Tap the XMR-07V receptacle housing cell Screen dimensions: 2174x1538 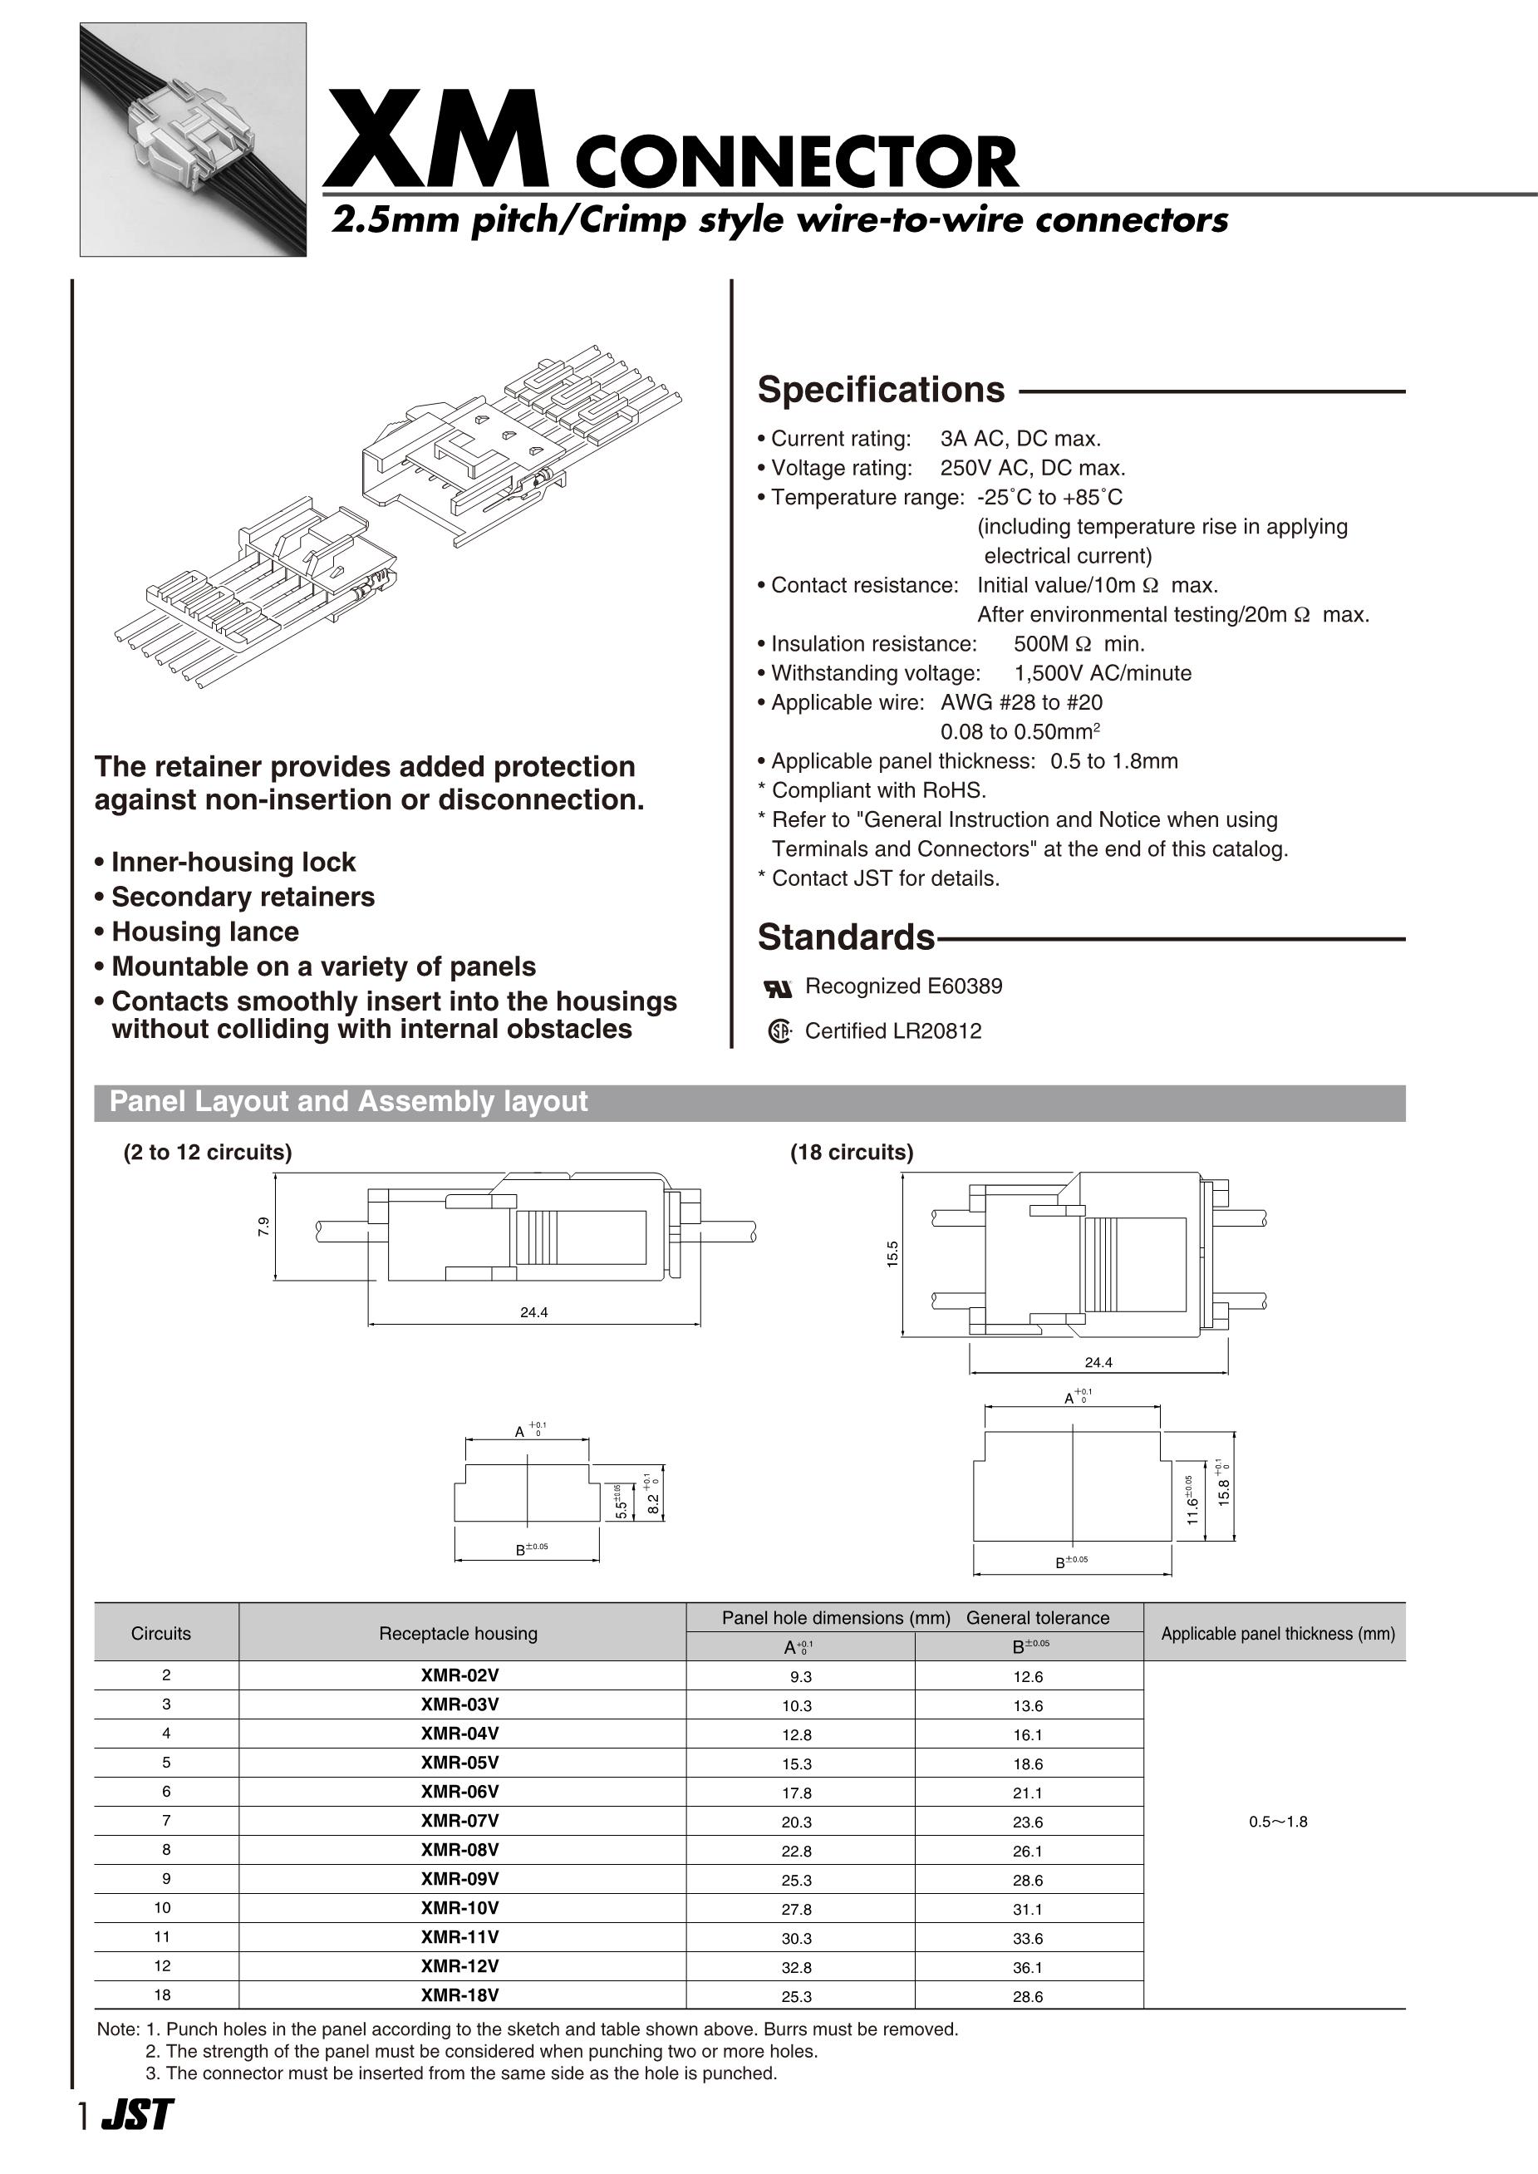(x=460, y=1821)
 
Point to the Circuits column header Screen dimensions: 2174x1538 (x=161, y=1633)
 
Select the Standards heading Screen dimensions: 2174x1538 (x=846, y=937)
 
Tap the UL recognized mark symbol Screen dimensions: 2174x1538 (x=778, y=989)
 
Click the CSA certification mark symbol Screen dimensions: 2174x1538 (x=779, y=1031)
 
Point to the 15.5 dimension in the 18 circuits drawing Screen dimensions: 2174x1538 (x=892, y=1254)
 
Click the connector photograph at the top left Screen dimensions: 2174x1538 (x=194, y=140)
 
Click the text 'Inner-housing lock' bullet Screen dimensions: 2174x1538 (x=233, y=862)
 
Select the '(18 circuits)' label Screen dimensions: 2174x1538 (x=852, y=1152)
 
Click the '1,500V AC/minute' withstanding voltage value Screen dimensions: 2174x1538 (x=1103, y=673)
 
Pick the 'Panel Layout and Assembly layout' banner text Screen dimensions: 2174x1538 (x=348, y=1102)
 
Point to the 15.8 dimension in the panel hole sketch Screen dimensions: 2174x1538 (x=1225, y=1492)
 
